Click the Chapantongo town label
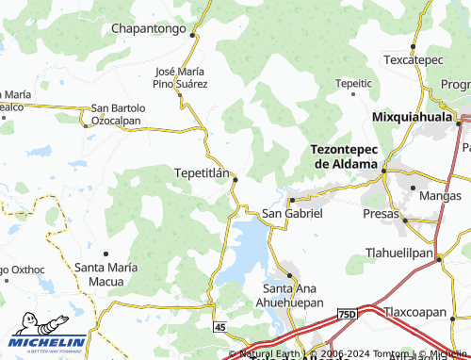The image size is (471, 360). click(x=151, y=29)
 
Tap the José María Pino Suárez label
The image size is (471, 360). click(x=181, y=77)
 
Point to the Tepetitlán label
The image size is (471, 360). click(x=203, y=173)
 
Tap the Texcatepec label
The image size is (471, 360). click(x=413, y=59)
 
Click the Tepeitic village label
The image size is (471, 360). click(x=353, y=84)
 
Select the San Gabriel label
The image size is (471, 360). click(x=292, y=214)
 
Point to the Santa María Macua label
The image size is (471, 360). click(x=106, y=273)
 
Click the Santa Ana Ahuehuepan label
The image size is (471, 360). click(x=293, y=295)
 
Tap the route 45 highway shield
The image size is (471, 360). click(x=219, y=326)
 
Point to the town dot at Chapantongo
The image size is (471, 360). click(x=192, y=35)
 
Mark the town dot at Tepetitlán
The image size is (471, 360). click(x=235, y=179)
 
